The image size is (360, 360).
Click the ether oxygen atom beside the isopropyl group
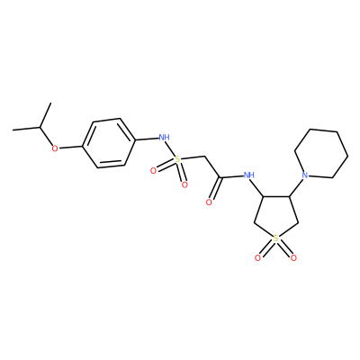pyautogui.click(x=55, y=148)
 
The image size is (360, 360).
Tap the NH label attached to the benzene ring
pyautogui.click(x=164, y=138)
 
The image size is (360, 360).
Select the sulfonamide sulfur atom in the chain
pyautogui.click(x=177, y=159)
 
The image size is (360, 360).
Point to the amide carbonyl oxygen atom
pyautogui.click(x=209, y=202)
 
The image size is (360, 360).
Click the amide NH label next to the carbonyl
pyautogui.click(x=249, y=175)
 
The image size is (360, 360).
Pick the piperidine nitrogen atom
pyautogui.click(x=305, y=175)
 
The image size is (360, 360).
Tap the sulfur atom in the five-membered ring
pyautogui.click(x=276, y=238)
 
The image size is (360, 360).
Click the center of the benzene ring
pyautogui.click(x=108, y=143)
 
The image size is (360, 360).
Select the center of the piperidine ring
pyautogui.click(x=321, y=154)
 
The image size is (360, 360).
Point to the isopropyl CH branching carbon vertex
pyautogui.click(x=40, y=127)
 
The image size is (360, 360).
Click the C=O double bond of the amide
pyautogui.click(x=215, y=189)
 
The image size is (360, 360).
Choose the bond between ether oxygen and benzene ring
pyautogui.click(x=70, y=147)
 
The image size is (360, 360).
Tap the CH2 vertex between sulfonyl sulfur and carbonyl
pyautogui.click(x=204, y=157)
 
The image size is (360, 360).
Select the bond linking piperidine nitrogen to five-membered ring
pyautogui.click(x=296, y=188)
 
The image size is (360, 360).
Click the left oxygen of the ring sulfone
pyautogui.click(x=257, y=257)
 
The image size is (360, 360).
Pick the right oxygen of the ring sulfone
pyautogui.click(x=293, y=257)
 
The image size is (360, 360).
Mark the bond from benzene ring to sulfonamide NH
pyautogui.click(x=146, y=139)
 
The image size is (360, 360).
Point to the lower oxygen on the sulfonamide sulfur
pyautogui.click(x=184, y=184)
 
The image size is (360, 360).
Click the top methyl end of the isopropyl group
pyautogui.click(x=50, y=103)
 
